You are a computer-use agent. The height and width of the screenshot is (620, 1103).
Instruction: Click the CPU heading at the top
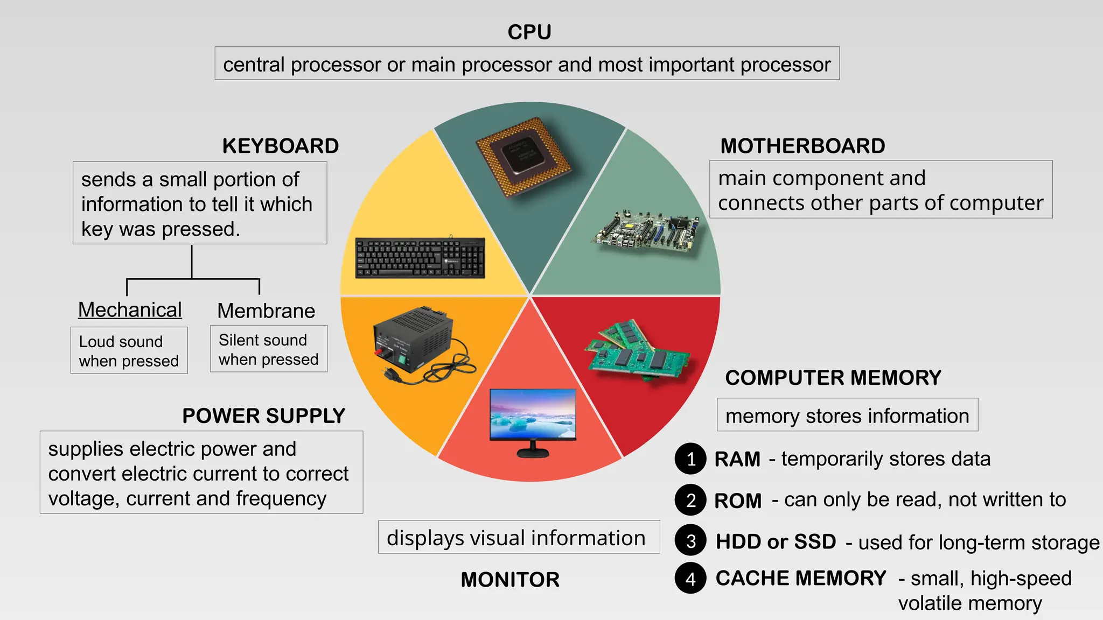tap(529, 32)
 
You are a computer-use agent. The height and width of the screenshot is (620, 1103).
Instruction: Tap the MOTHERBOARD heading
tap(802, 146)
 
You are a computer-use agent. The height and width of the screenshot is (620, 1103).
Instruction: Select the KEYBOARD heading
tap(281, 146)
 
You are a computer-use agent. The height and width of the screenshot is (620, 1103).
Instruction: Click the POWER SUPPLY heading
tap(263, 416)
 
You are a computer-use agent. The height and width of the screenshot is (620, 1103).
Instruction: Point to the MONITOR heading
tap(510, 580)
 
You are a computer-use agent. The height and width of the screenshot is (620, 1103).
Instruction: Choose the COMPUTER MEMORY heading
tap(833, 378)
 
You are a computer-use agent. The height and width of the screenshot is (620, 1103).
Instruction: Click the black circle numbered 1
tap(690, 459)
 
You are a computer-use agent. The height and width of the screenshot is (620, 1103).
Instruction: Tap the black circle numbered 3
tap(690, 541)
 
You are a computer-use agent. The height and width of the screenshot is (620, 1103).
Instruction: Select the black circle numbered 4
tap(690, 579)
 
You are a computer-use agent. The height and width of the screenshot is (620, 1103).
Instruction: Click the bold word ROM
tap(737, 501)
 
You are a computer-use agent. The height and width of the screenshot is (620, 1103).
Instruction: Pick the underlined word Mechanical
tap(130, 310)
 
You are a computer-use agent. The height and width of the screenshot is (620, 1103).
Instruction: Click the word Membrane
tap(266, 311)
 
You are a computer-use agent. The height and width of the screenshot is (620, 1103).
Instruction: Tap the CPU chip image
tap(523, 157)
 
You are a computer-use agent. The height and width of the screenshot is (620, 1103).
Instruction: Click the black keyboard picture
tap(420, 258)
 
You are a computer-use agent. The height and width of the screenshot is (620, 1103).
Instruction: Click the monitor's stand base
tap(533, 453)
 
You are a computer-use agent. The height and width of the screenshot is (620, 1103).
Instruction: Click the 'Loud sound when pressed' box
tap(129, 351)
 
